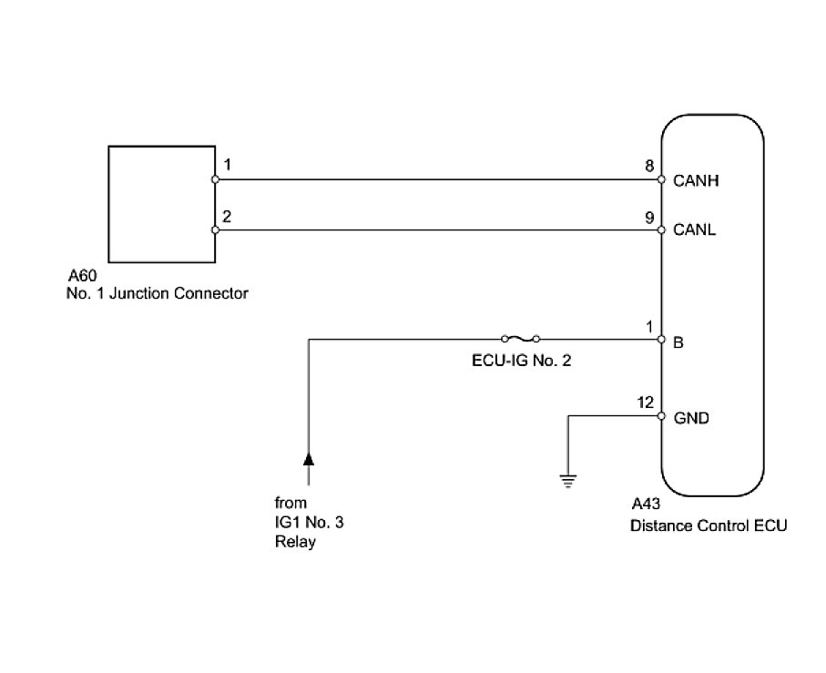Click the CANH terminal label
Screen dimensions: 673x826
click(x=696, y=180)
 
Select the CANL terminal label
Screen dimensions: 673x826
click(x=695, y=229)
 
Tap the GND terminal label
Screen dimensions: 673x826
click(x=691, y=419)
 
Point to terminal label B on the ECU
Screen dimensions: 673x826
click(x=678, y=344)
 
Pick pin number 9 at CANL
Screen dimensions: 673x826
click(x=648, y=218)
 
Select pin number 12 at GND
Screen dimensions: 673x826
click(x=646, y=403)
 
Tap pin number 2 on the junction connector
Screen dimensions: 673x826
click(x=227, y=217)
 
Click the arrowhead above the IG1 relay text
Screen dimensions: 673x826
click(x=309, y=457)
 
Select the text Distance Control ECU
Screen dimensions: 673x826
click(x=708, y=525)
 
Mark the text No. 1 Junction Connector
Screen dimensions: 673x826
click(x=158, y=293)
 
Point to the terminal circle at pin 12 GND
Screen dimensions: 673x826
click(x=662, y=416)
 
